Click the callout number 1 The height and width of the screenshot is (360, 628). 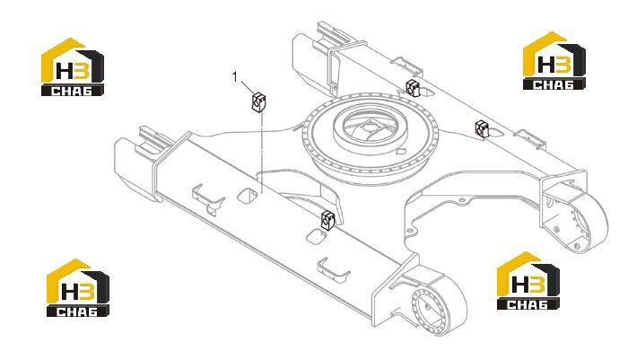(235, 76)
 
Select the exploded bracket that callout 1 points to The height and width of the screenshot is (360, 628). (258, 102)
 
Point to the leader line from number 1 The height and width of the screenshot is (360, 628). (247, 87)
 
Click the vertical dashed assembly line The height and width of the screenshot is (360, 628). (261, 154)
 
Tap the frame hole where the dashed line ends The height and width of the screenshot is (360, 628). (247, 195)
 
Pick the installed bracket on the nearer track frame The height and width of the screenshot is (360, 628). (328, 220)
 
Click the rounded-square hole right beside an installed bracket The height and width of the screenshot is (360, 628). (315, 236)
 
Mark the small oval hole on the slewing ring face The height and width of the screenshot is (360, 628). (400, 152)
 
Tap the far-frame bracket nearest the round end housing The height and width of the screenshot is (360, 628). (482, 129)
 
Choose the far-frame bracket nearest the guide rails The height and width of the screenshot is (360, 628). (413, 87)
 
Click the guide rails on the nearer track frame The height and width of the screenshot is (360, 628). (151, 142)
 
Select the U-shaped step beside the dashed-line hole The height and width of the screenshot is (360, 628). (207, 197)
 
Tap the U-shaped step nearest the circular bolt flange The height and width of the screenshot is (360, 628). (333, 268)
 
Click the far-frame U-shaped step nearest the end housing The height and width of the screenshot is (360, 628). (530, 138)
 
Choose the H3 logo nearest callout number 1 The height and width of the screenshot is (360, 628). (73, 67)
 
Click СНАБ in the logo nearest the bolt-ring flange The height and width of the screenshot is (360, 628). (528, 303)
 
